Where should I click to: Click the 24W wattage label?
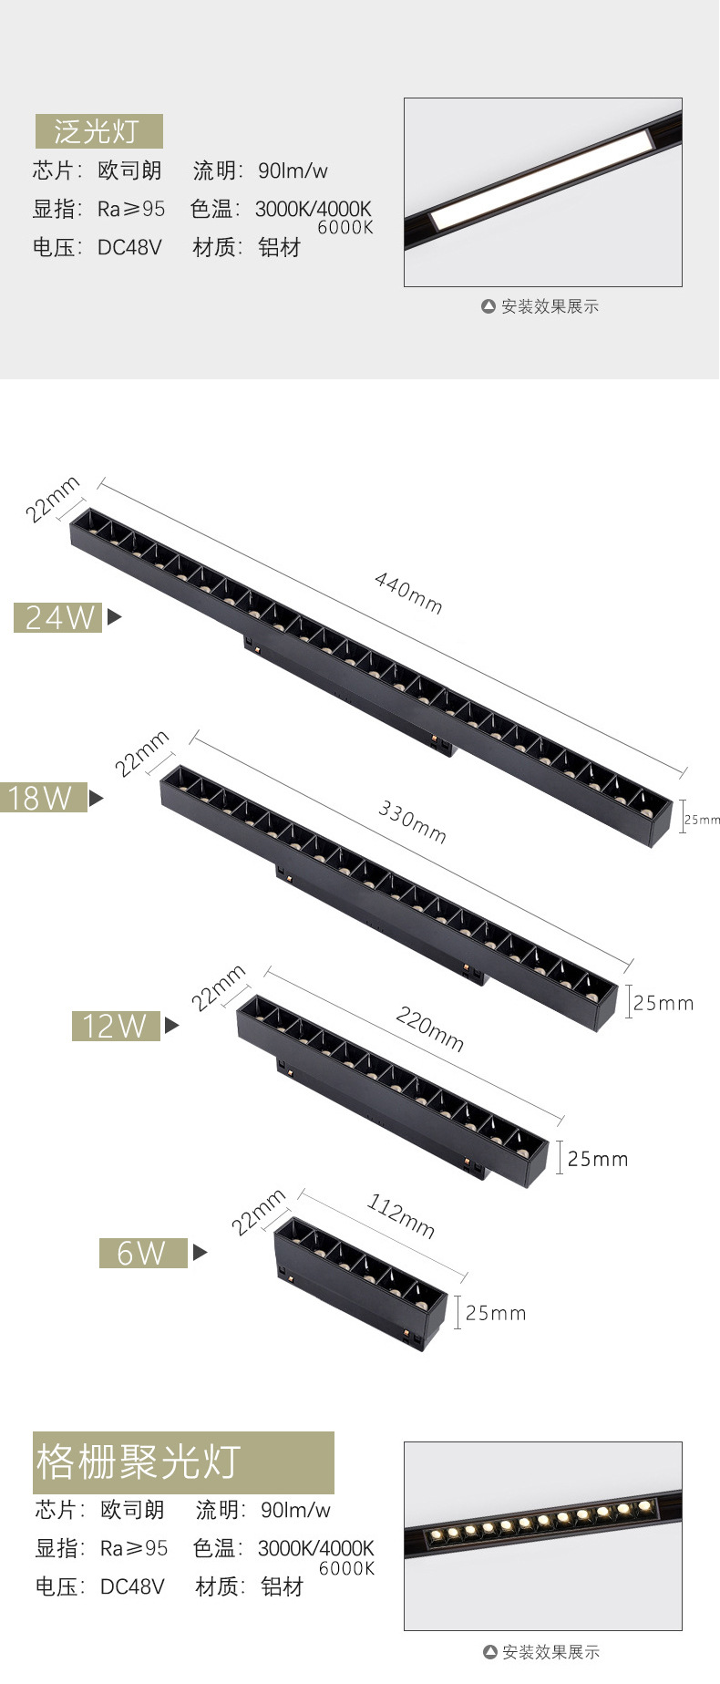pos(58,617)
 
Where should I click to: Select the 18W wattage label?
pos(41,798)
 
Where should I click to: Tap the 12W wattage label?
pos(116,1026)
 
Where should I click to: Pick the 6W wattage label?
pos(142,1253)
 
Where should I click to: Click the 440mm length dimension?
pos(408,593)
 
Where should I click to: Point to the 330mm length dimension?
pos(412,821)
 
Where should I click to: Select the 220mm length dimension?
pos(429,1028)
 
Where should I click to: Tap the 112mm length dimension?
pos(401,1216)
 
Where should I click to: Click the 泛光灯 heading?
pos(98,131)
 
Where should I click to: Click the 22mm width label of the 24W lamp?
pos(52,499)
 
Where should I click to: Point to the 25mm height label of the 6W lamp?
pos(495,1313)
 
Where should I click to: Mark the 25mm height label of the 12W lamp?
pos(597,1159)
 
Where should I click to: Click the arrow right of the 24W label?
pos(114,617)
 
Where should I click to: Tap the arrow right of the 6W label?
pos(200,1253)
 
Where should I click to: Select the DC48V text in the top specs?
pos(129,247)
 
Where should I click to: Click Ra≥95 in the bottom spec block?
pos(134,1548)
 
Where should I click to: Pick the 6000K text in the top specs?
pos(345,228)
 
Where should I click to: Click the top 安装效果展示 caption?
pos(550,306)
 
